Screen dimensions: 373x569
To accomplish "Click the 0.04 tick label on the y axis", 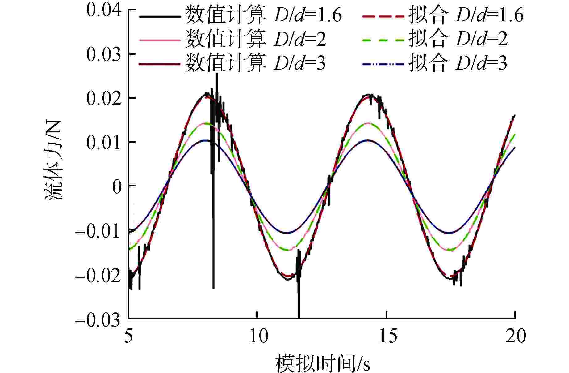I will tap(103, 10).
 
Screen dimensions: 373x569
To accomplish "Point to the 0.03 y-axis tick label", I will tap(103, 54).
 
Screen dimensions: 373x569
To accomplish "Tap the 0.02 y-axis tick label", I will tap(103, 98).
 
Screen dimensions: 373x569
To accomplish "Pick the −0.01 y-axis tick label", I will tap(97, 231).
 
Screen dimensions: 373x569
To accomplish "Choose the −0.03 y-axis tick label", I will tap(97, 319).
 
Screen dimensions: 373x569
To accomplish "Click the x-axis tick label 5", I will tap(129, 336).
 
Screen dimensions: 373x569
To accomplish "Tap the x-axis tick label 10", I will tap(258, 336).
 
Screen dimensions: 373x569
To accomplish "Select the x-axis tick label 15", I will tap(388, 336).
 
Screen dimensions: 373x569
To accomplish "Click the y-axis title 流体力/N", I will tap(55, 160).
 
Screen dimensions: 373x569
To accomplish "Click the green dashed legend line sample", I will tap(383, 40).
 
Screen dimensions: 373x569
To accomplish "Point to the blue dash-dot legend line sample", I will tap(383, 64).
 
